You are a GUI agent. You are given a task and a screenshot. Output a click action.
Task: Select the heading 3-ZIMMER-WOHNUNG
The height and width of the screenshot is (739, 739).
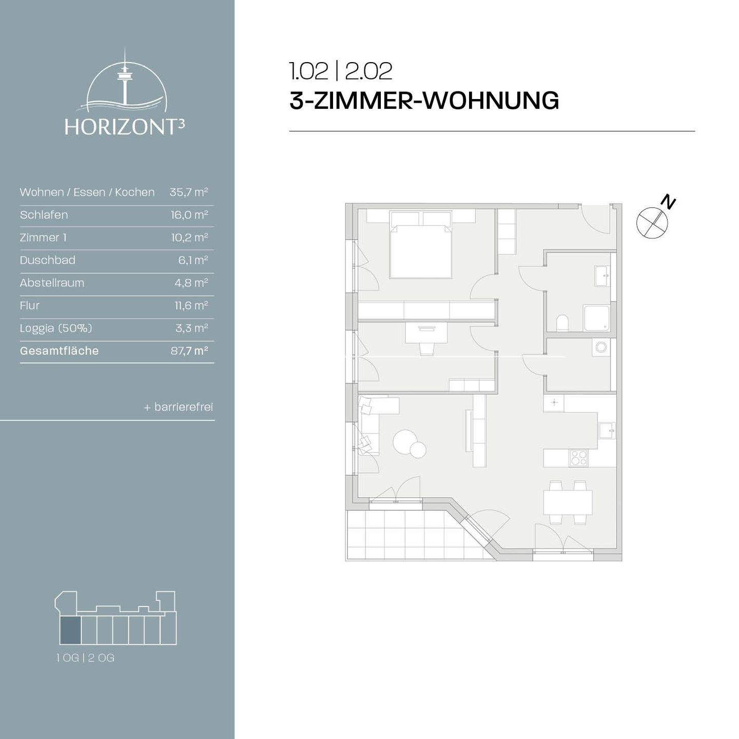(424, 100)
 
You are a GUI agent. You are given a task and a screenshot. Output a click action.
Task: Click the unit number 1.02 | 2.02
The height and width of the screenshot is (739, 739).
(341, 71)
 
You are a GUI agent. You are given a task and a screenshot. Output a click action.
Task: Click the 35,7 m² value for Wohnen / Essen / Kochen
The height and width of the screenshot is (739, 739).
(189, 192)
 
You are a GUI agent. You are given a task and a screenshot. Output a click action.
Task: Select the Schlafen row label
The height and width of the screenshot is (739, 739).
(44, 215)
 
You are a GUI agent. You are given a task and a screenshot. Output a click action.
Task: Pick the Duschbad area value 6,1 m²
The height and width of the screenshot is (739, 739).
(193, 260)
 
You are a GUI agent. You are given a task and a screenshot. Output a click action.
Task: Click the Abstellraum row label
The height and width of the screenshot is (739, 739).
(52, 283)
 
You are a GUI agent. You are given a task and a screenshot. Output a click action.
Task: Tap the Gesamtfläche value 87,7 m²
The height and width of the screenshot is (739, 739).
(189, 351)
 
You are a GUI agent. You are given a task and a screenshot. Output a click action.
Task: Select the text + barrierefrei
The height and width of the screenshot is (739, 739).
(178, 407)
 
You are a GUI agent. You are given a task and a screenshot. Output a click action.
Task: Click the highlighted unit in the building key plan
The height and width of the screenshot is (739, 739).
(70, 631)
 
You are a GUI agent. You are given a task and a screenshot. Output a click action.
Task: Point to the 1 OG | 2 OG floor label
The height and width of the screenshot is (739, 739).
(85, 658)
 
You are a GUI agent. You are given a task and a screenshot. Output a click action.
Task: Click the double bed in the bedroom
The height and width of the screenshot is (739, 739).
(421, 251)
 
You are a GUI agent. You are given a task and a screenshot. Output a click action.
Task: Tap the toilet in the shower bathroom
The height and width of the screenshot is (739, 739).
(562, 323)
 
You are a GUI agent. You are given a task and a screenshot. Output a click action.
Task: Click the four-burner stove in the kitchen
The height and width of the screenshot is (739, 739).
(579, 457)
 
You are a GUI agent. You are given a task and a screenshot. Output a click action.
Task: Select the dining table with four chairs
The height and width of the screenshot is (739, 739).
(568, 502)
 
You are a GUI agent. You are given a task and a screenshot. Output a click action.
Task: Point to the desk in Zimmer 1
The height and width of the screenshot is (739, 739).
(426, 333)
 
